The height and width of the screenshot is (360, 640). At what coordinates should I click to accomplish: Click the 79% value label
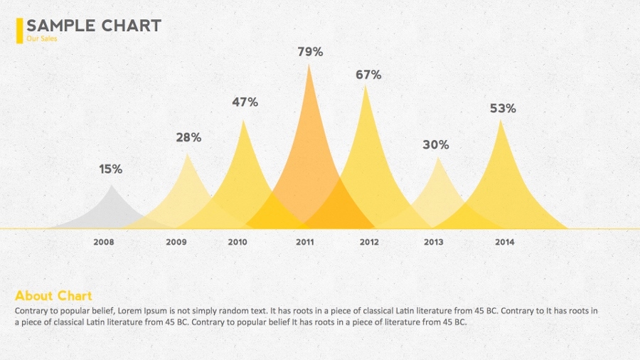click(x=310, y=52)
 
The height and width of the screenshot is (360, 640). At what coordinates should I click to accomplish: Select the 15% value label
click(x=111, y=169)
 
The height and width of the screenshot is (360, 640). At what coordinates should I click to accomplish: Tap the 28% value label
click(x=188, y=138)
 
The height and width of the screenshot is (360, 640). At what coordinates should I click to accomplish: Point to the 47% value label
click(x=245, y=102)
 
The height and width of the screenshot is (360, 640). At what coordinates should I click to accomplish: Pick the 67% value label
click(x=368, y=75)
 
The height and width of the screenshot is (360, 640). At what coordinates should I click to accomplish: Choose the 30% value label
click(x=436, y=145)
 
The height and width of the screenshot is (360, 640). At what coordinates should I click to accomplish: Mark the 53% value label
click(x=503, y=109)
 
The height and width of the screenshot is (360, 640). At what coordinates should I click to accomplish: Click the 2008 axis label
click(x=104, y=243)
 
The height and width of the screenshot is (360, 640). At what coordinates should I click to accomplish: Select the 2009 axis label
click(x=176, y=243)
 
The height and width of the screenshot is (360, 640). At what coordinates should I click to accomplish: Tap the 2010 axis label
click(x=238, y=243)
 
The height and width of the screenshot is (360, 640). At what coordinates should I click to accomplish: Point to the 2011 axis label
click(x=305, y=243)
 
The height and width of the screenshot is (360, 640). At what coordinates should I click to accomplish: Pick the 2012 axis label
click(x=369, y=243)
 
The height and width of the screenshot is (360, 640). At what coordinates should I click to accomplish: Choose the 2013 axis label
click(x=434, y=243)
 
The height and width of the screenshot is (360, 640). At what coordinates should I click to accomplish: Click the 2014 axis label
click(x=505, y=243)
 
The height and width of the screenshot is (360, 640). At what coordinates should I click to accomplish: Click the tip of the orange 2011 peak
click(x=309, y=65)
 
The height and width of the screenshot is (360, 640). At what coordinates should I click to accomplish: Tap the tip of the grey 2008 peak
click(x=111, y=186)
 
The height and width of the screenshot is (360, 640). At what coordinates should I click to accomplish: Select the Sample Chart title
click(x=94, y=26)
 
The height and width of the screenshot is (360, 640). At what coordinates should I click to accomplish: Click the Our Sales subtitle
click(x=41, y=39)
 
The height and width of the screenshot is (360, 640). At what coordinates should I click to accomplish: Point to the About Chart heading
click(x=53, y=296)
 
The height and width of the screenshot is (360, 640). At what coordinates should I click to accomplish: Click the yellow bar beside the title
click(x=19, y=31)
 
